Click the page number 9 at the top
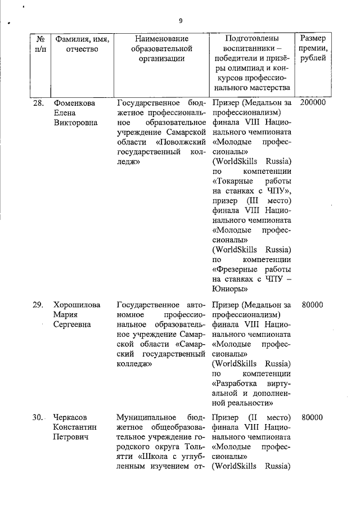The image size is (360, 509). [181, 21]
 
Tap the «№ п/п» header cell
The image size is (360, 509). [39, 43]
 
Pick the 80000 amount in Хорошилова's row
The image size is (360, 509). [312, 305]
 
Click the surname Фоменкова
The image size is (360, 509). [74, 103]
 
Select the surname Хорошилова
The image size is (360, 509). [77, 305]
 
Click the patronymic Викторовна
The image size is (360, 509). [76, 123]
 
